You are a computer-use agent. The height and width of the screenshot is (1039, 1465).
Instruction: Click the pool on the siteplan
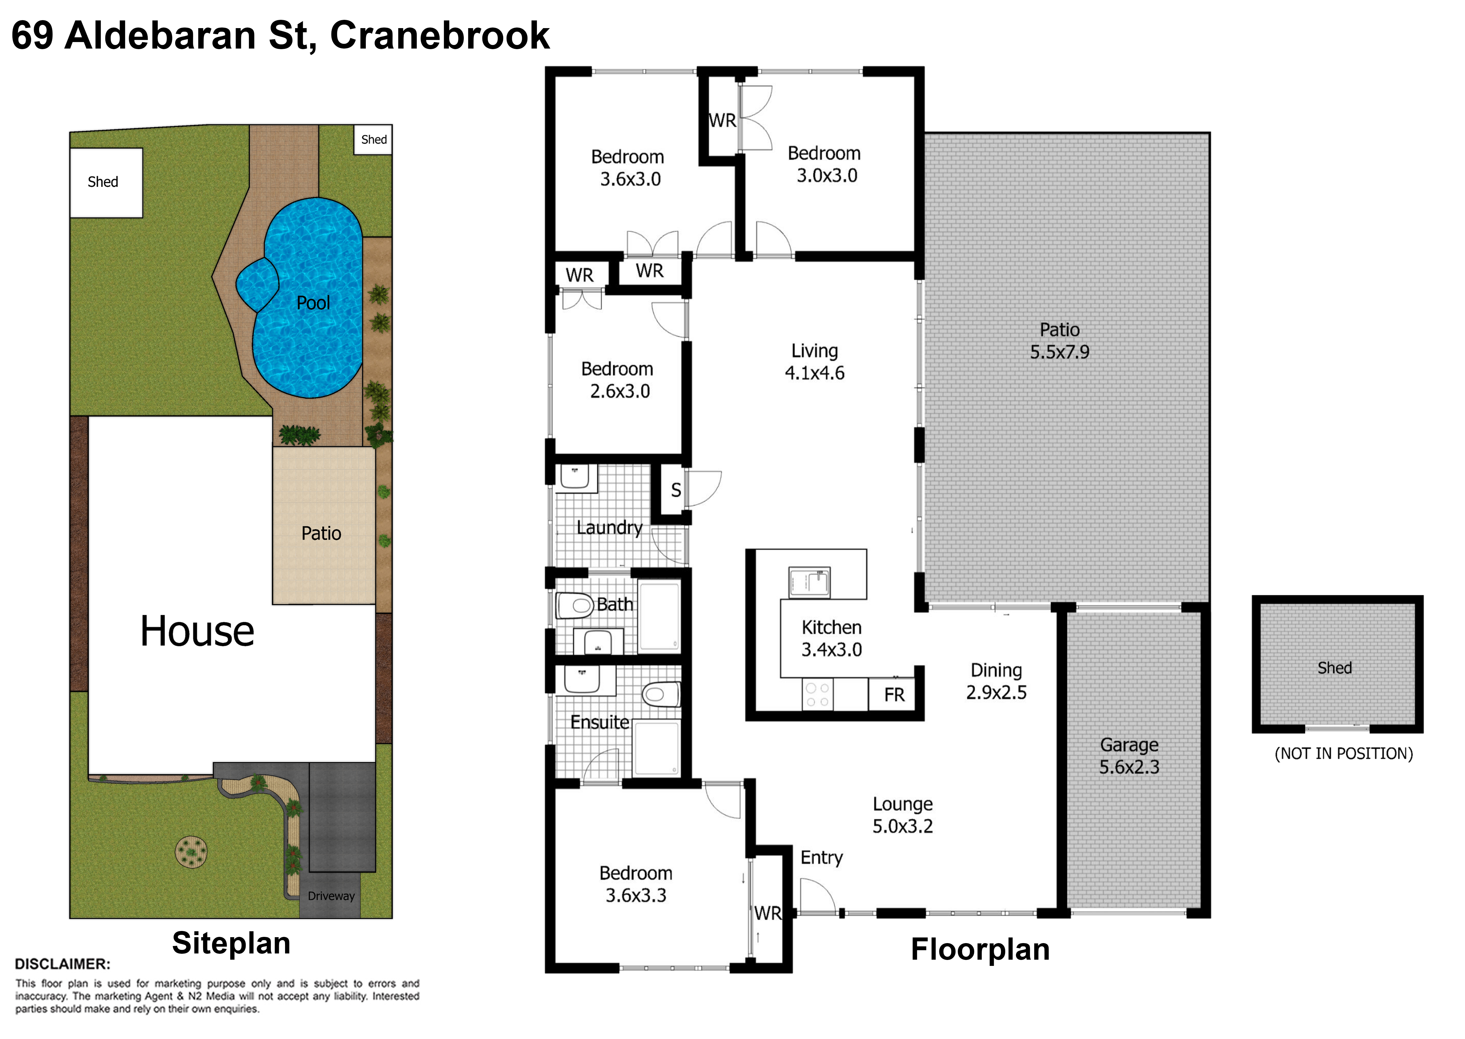(x=307, y=297)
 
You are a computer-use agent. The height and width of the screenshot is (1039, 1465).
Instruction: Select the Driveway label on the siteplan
(x=331, y=896)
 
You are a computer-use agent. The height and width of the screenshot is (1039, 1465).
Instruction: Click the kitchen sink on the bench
(x=809, y=582)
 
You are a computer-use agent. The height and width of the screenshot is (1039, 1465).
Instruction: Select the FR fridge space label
(x=894, y=695)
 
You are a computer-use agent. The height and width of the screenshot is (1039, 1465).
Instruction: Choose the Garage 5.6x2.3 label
(x=1129, y=756)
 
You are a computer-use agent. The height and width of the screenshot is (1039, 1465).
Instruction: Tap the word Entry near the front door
(x=821, y=857)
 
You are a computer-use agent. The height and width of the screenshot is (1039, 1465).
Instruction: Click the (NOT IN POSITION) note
(x=1343, y=754)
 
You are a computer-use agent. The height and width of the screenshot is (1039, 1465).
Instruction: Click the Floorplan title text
(x=980, y=949)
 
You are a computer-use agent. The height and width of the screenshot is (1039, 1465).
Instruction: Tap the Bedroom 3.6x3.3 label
(x=636, y=884)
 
